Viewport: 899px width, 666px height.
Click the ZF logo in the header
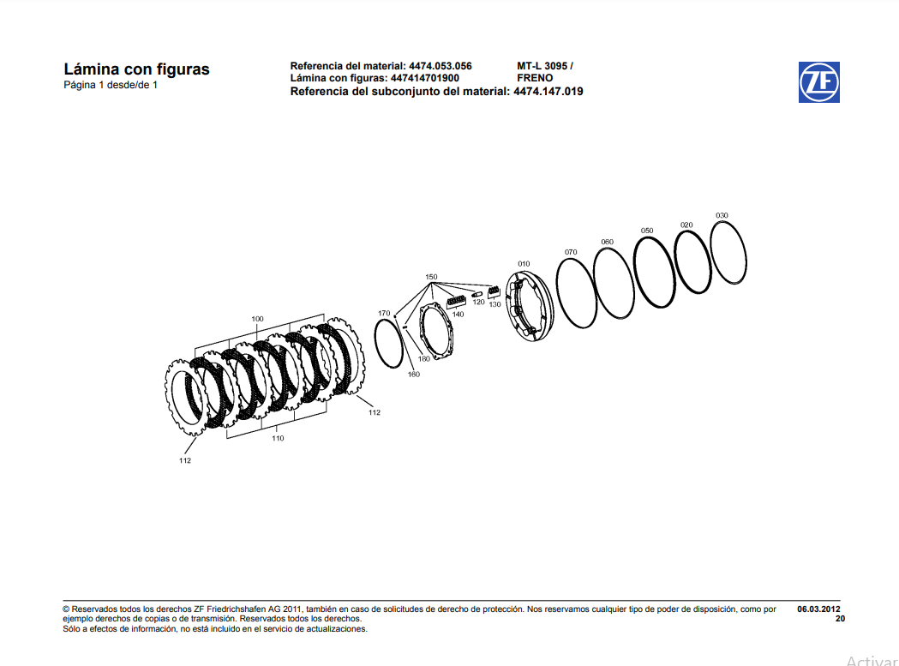(x=818, y=82)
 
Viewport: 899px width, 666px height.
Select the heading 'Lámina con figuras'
(x=136, y=69)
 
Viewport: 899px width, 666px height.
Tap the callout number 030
(x=722, y=215)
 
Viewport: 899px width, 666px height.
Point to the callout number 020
(x=686, y=225)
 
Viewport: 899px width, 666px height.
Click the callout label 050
(x=647, y=231)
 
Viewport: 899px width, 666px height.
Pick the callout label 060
(x=607, y=242)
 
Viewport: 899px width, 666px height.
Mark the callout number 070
(x=571, y=252)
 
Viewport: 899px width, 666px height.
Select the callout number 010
(x=524, y=264)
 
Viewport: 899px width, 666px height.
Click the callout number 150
(x=431, y=277)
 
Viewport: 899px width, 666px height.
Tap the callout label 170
(x=384, y=313)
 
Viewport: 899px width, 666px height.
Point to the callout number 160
(x=413, y=375)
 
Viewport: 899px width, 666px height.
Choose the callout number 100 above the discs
(x=257, y=319)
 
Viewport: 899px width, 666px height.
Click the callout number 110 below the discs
(x=278, y=439)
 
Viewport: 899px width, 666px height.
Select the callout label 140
(x=458, y=315)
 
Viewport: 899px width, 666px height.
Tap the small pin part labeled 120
(x=477, y=296)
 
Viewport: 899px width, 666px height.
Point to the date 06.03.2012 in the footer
(x=818, y=609)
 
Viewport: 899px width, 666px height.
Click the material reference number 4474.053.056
(x=440, y=66)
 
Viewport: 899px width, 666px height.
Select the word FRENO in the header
(x=535, y=78)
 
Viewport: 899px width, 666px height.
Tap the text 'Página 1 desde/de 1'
(x=111, y=85)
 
